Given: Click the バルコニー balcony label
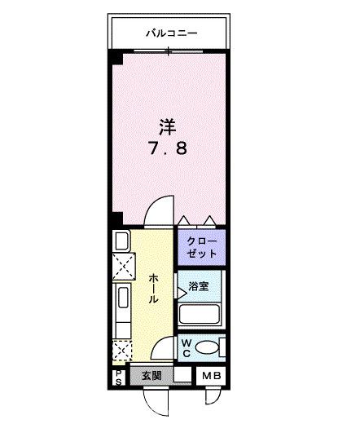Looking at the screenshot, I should (x=172, y=33).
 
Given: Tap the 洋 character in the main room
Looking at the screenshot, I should (x=168, y=126).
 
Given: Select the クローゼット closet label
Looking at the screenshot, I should (x=201, y=247).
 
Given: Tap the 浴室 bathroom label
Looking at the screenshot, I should (x=199, y=286).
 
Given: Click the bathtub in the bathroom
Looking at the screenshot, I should (x=200, y=316).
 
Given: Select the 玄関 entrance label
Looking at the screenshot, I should (x=151, y=376).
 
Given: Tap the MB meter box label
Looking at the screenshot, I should (x=210, y=376).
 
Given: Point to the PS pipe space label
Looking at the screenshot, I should (x=118, y=377).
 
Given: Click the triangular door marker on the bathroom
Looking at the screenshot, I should (x=182, y=290).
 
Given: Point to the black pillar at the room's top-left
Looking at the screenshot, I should (x=117, y=57).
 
